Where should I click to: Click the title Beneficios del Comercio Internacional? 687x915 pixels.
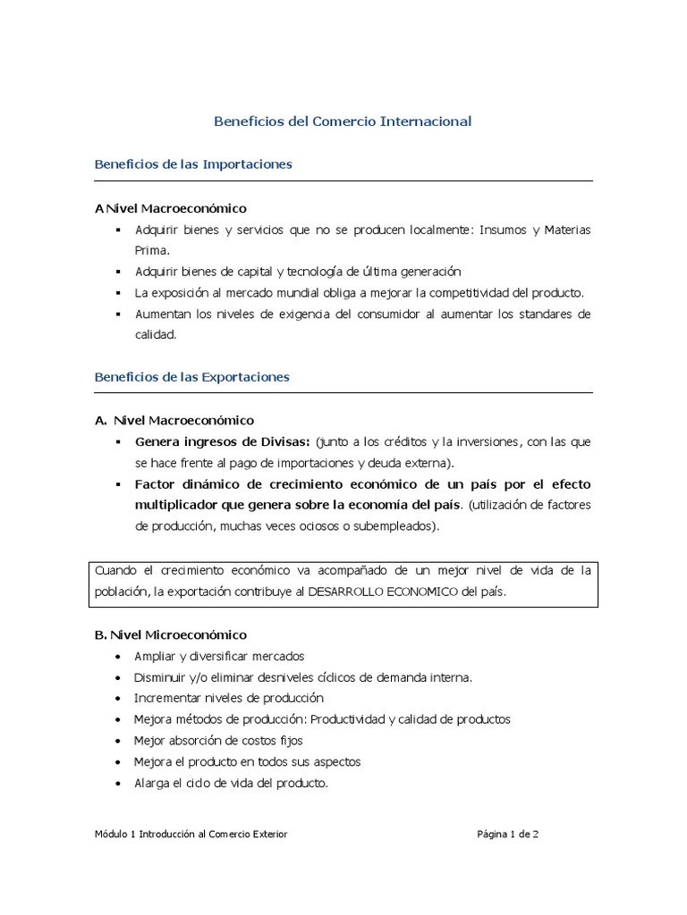click(343, 121)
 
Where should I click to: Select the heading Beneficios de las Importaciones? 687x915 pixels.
click(193, 164)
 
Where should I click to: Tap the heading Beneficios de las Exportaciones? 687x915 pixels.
click(192, 377)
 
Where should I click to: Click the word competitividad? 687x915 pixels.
click(480, 292)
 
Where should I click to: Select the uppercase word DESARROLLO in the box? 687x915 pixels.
click(342, 591)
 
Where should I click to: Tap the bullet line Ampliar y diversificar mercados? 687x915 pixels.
click(219, 656)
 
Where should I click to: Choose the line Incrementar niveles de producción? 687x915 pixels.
click(228, 698)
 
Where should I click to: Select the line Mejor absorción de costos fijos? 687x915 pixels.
click(218, 740)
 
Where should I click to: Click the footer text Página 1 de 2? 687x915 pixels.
click(507, 835)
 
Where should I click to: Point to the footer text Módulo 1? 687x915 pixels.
click(114, 835)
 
